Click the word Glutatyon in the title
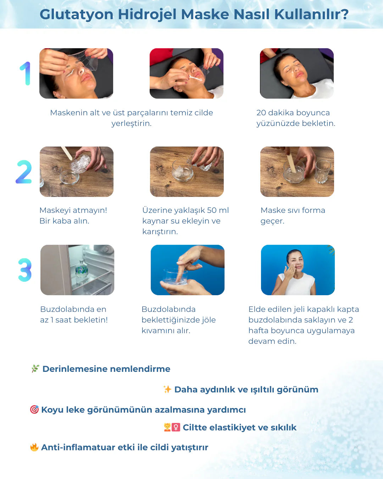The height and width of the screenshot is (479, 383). click(76, 15)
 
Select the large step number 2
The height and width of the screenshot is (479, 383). click(24, 172)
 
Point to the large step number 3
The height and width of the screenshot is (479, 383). click(25, 270)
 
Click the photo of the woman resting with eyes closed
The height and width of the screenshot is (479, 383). click(297, 73)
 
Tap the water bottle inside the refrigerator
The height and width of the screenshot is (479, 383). click(82, 269)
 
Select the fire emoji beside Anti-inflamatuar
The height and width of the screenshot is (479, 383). click(34, 447)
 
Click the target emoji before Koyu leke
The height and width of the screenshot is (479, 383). click(34, 409)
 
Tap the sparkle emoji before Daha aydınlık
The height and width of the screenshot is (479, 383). click(167, 389)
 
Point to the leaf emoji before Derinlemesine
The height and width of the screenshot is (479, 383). click(35, 369)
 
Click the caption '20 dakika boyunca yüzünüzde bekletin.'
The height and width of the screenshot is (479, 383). click(295, 118)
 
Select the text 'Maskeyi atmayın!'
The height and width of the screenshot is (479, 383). click(73, 210)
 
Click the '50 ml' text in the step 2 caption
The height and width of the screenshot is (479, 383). click(218, 210)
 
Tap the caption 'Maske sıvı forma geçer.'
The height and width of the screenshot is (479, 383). click(293, 215)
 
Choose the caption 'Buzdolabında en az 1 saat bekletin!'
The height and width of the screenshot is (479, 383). click(74, 314)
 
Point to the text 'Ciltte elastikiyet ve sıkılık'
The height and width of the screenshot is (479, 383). click(239, 427)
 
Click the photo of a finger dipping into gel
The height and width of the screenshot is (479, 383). click(188, 270)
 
